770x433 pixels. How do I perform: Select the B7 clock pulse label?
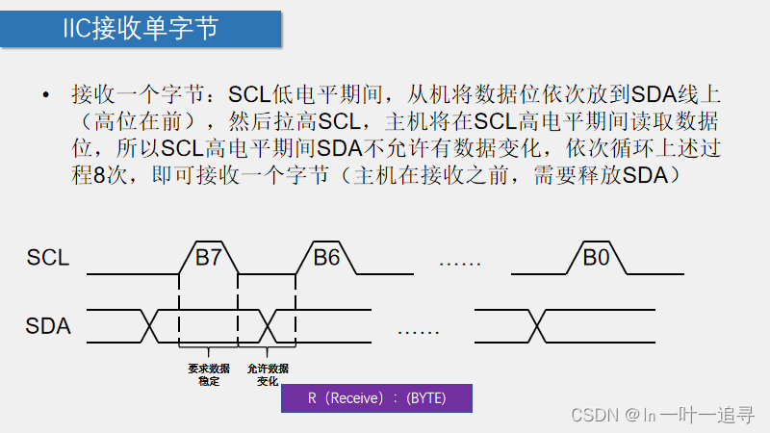tap(208, 258)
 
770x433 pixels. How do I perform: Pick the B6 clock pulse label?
tap(326, 258)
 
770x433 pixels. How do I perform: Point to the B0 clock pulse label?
tap(597, 258)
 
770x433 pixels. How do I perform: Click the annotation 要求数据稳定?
tap(208, 375)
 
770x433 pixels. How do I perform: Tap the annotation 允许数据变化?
tap(268, 375)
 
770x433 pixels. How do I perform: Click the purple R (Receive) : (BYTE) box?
tap(376, 398)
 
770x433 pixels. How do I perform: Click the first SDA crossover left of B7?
tap(150, 325)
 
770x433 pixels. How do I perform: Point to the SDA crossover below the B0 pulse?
tap(537, 325)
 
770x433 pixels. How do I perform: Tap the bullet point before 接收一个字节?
tap(44, 95)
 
